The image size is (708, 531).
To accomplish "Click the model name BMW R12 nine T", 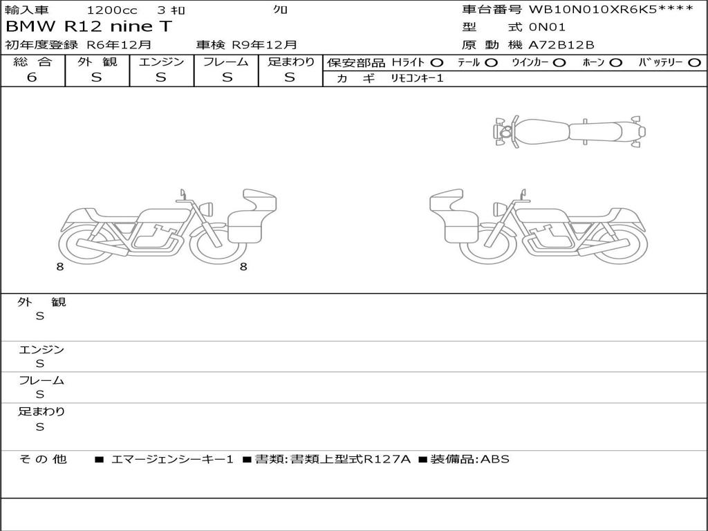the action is (88, 26).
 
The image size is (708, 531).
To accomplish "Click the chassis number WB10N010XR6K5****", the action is (611, 10).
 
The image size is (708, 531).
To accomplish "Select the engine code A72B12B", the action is (561, 45).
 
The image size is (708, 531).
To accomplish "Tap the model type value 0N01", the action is (547, 27).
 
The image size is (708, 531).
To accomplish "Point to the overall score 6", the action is (32, 77).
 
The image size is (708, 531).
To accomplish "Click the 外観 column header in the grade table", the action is (97, 62).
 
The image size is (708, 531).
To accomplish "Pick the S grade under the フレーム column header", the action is (227, 77).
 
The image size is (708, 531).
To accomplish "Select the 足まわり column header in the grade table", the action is (291, 62).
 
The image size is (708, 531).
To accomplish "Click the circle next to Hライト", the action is (437, 63).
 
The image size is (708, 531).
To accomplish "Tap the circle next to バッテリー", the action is (694, 63).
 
